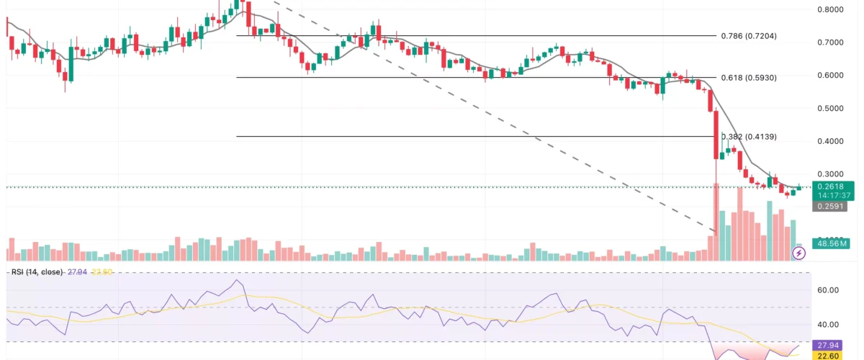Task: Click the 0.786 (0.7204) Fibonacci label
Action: pos(749,35)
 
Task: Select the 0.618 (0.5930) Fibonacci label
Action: pos(749,77)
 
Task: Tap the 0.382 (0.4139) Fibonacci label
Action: pos(749,136)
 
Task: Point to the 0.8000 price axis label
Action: pos(831,9)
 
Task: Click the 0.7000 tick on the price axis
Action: pos(831,42)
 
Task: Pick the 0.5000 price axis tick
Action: pos(831,108)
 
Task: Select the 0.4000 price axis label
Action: pos(831,141)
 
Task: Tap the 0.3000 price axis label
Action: pos(831,174)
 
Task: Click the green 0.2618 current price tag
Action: pos(831,186)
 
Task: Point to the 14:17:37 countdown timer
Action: pos(831,195)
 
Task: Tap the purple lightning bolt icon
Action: pos(798,253)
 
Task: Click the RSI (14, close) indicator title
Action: pos(35,271)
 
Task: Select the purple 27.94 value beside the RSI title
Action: pos(76,271)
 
